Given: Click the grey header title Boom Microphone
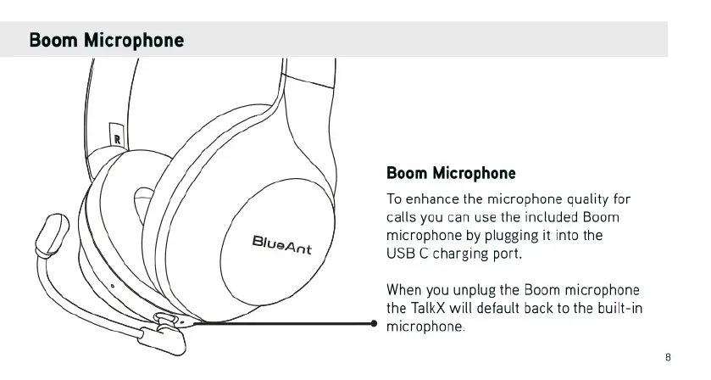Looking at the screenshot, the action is click(107, 40).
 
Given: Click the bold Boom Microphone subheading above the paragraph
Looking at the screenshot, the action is click(451, 174).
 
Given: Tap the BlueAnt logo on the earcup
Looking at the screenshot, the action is click(282, 245).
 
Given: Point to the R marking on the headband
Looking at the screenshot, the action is click(117, 135).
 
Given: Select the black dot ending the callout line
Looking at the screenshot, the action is click(375, 323).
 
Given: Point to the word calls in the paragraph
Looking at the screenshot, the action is click(403, 217).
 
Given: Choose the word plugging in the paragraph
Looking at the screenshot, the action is click(523, 235).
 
